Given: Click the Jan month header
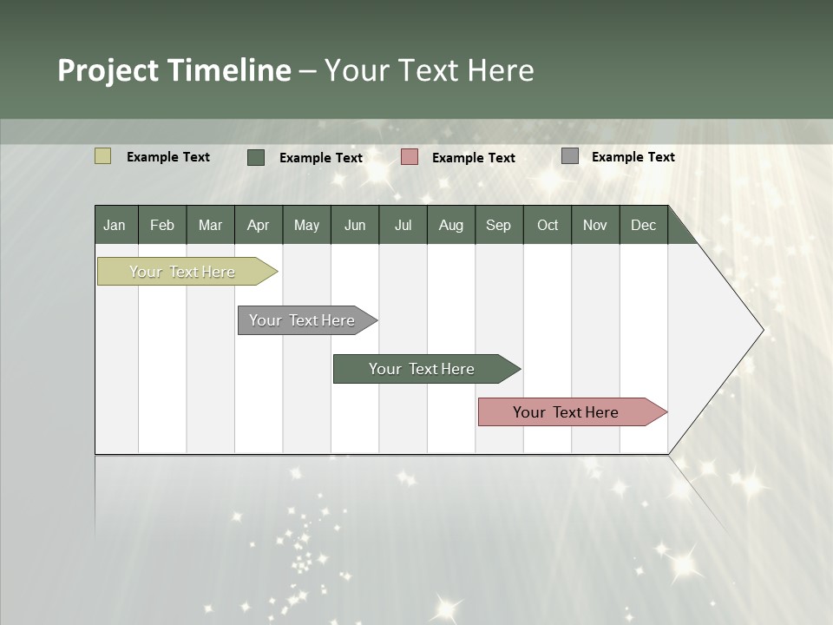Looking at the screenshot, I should click(x=115, y=225).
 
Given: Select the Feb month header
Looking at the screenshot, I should click(x=162, y=225).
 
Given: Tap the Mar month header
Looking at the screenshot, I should click(x=210, y=225).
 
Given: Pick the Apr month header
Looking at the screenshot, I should click(x=259, y=225).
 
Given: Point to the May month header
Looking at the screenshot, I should click(x=306, y=225).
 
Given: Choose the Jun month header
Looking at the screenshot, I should click(x=355, y=225).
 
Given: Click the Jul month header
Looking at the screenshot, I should click(x=403, y=225).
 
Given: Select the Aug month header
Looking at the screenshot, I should click(x=451, y=225).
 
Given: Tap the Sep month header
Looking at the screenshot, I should click(x=499, y=225).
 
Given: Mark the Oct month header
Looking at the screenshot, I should click(x=548, y=225).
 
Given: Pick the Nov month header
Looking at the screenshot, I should click(x=595, y=225).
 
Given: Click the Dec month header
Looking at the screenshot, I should click(x=644, y=225).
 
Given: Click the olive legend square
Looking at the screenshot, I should click(x=102, y=156).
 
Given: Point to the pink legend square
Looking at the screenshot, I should click(x=410, y=156).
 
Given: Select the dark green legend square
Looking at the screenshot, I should click(x=256, y=157).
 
